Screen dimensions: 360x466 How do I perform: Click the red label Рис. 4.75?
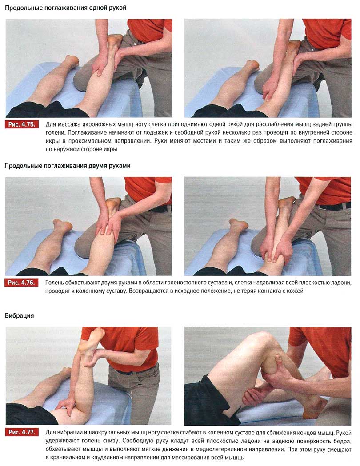click(22, 124)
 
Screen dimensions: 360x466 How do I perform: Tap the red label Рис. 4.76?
click(22, 283)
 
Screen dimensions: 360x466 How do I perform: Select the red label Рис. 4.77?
click(22, 432)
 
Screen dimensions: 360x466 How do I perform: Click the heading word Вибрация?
click(19, 315)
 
